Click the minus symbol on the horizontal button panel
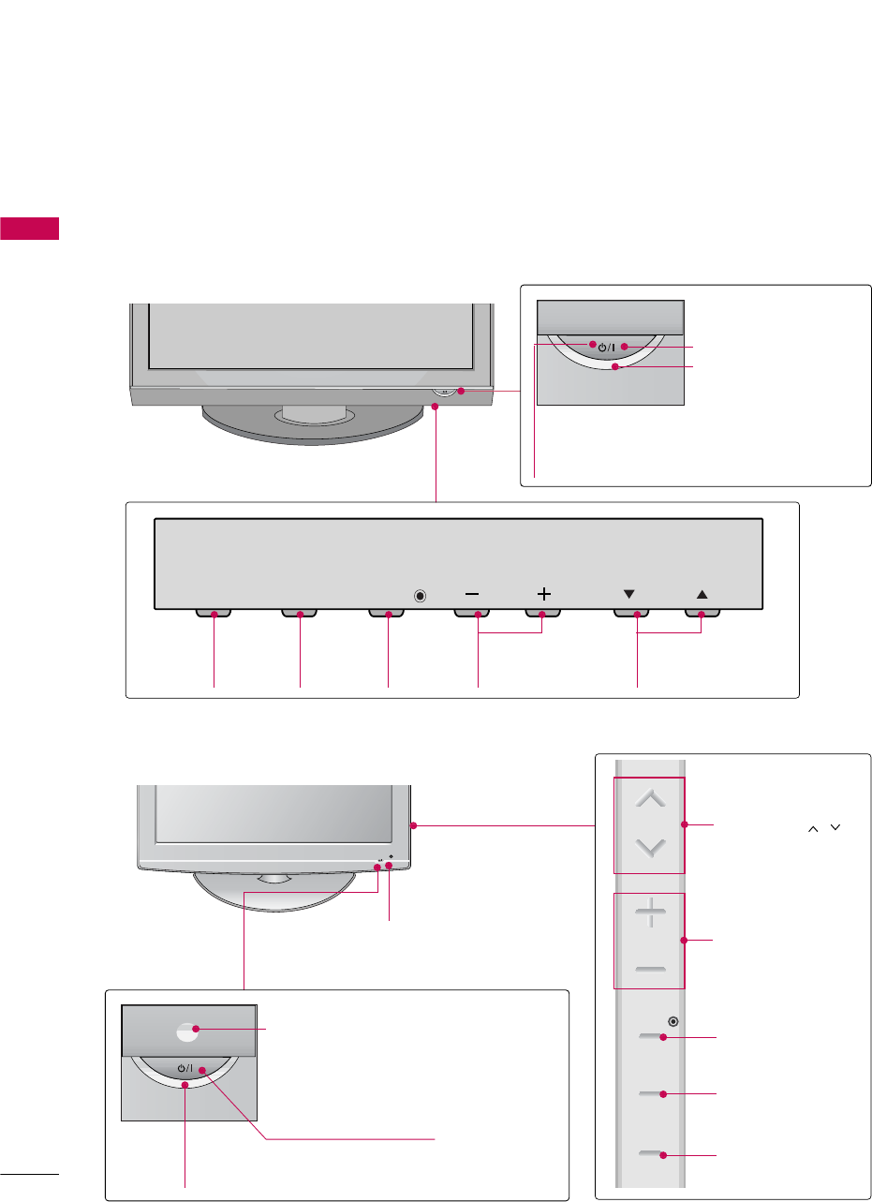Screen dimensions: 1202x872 click(x=471, y=594)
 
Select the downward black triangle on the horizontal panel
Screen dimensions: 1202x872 click(x=628, y=594)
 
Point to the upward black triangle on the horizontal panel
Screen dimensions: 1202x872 click(x=702, y=594)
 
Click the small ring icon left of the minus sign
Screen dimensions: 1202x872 click(x=421, y=595)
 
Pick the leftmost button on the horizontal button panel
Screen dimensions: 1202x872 click(x=214, y=615)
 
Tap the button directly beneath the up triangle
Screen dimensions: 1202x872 click(x=702, y=615)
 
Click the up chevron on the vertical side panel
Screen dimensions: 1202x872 click(x=650, y=799)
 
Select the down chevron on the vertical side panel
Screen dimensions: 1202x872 click(x=650, y=848)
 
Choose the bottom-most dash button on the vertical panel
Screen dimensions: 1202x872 click(x=650, y=1154)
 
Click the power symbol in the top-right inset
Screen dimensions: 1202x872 click(x=606, y=348)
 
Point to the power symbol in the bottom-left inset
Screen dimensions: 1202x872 click(x=186, y=1068)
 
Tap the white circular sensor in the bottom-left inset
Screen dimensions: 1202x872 click(x=187, y=1031)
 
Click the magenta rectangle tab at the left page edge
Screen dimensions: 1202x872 click(x=30, y=228)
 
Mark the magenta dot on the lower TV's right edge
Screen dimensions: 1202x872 click(x=413, y=825)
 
